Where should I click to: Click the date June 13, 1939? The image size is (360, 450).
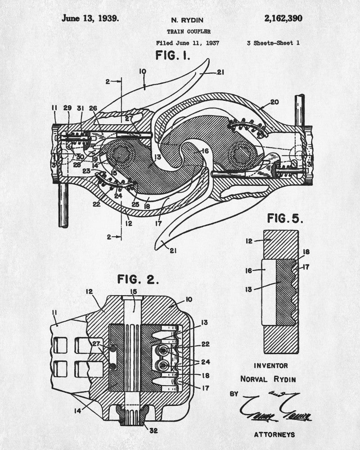(x=90, y=18)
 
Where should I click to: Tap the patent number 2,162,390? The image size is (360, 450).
(x=283, y=18)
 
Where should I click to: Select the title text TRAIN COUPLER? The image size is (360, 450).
(x=189, y=31)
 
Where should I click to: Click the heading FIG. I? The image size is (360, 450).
(x=173, y=56)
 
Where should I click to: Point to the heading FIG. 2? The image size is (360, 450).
(x=138, y=279)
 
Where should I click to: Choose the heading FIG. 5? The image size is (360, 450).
(x=285, y=219)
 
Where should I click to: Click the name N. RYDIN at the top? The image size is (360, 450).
(x=189, y=20)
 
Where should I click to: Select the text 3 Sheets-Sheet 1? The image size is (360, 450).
(x=273, y=43)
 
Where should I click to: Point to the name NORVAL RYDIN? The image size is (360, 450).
(x=274, y=379)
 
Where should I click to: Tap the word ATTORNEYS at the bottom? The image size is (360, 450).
(x=274, y=434)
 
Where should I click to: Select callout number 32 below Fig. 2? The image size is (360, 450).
(x=154, y=431)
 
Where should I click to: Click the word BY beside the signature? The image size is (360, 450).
(x=234, y=394)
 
